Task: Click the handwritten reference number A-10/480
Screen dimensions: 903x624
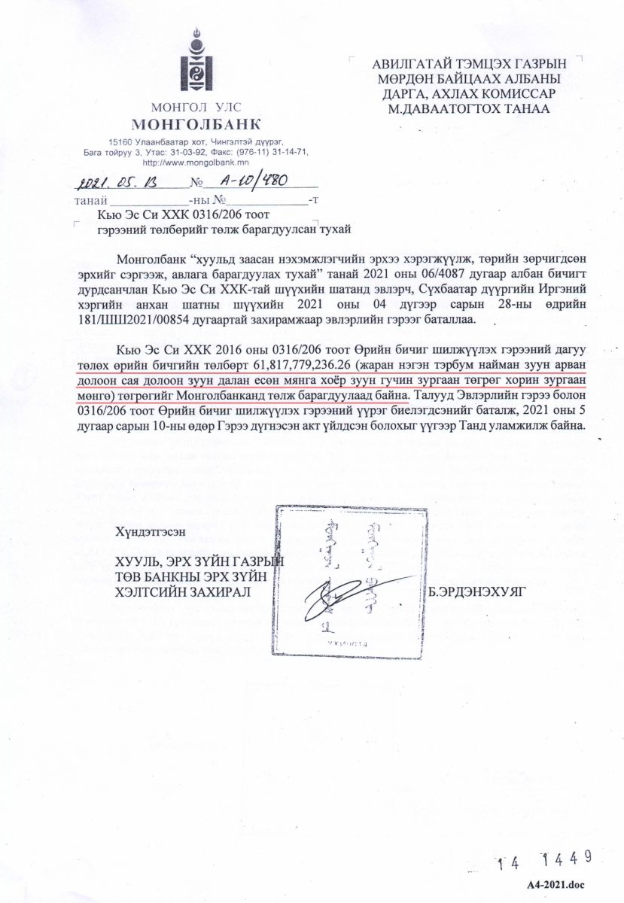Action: pos(249,181)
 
